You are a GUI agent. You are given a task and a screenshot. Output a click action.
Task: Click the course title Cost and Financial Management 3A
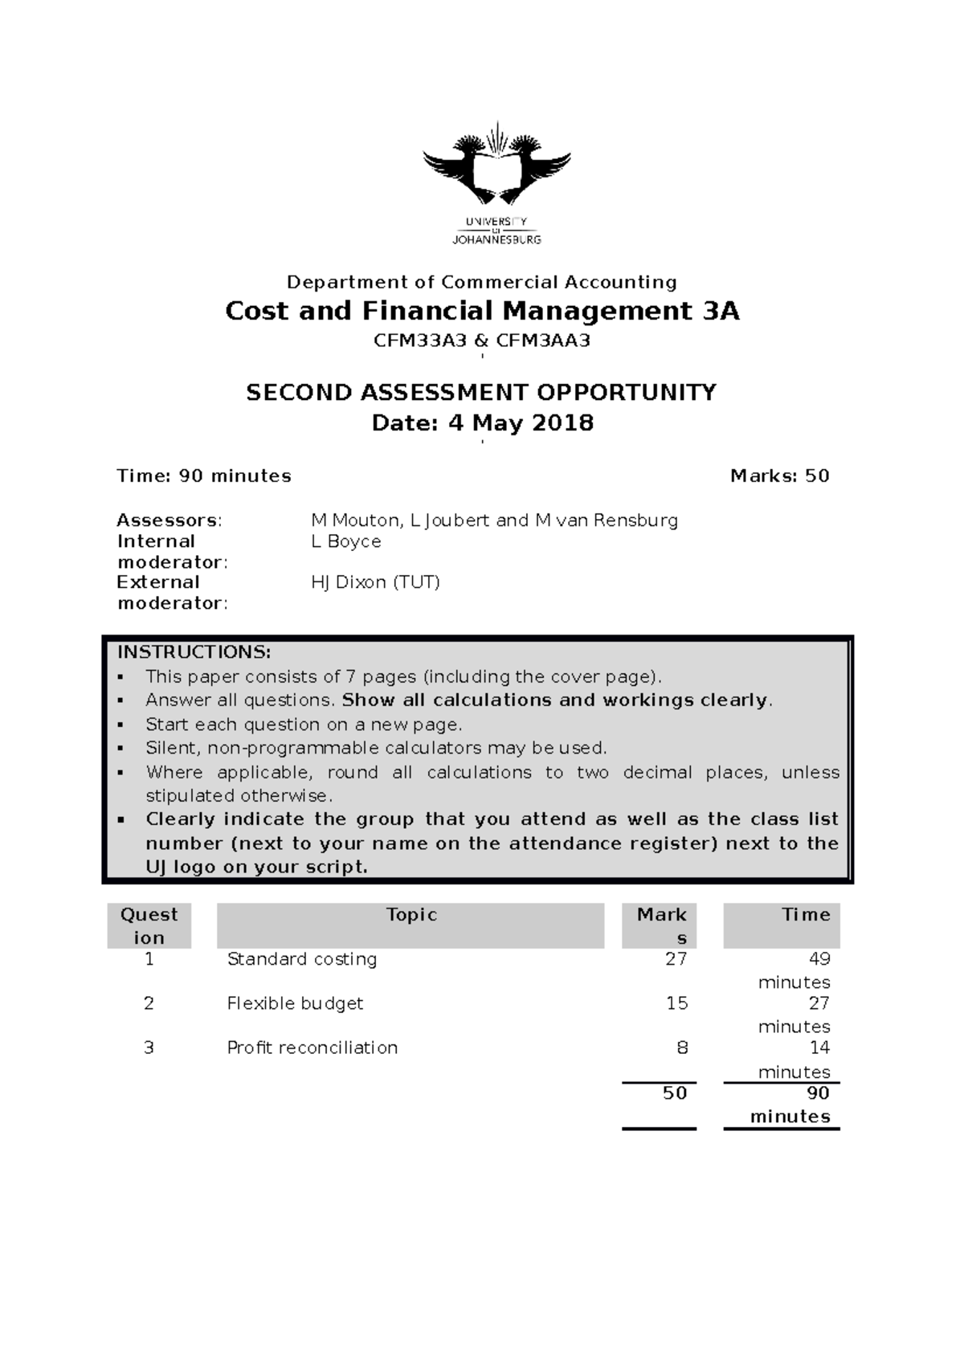click(x=482, y=311)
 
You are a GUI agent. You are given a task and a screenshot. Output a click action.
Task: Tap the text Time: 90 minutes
click(x=204, y=476)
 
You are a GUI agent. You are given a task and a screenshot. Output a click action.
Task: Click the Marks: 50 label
click(x=779, y=476)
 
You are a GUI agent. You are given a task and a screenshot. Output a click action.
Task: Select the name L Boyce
click(x=345, y=541)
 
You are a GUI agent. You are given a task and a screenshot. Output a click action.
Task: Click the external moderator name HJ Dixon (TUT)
click(x=375, y=582)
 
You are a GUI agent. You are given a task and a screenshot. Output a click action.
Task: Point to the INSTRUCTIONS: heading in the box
click(x=194, y=651)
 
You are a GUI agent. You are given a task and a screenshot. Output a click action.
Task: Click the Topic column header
click(x=411, y=915)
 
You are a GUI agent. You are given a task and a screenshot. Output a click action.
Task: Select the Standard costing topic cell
click(x=302, y=959)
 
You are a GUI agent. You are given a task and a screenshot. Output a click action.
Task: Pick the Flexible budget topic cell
click(x=295, y=1003)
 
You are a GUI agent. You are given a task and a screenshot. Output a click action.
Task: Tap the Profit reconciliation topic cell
click(x=312, y=1048)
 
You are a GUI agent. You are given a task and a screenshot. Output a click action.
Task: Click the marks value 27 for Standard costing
click(x=676, y=959)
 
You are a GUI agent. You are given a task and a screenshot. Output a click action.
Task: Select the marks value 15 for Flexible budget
click(x=676, y=1003)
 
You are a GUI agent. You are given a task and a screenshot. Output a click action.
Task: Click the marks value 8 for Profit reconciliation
click(x=682, y=1048)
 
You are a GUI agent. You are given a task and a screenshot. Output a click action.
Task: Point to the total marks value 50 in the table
click(x=674, y=1093)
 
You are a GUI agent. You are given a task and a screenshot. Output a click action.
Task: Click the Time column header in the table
click(x=806, y=915)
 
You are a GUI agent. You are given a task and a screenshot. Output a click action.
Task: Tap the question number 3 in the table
click(x=149, y=1048)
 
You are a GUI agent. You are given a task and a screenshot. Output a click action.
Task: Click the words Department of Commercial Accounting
click(x=482, y=282)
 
